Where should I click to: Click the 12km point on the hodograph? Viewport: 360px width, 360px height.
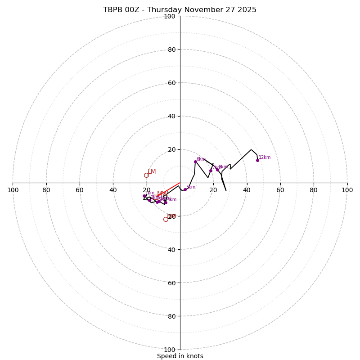[257, 160]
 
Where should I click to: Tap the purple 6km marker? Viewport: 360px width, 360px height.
[195, 162]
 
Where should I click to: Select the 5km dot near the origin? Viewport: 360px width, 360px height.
[185, 189]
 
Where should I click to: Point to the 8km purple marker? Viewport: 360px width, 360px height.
[217, 170]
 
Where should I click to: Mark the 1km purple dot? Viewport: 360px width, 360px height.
[144, 196]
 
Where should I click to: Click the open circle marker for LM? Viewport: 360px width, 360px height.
[146, 175]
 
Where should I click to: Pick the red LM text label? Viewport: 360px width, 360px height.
[152, 171]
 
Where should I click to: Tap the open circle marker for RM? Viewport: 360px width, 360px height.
[166, 219]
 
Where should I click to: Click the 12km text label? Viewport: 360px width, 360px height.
[265, 157]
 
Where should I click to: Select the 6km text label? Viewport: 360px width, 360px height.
[201, 159]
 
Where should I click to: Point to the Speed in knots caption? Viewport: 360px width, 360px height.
[180, 356]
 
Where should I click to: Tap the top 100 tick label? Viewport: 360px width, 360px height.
[170, 16]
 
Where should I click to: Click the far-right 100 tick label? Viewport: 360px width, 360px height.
[347, 190]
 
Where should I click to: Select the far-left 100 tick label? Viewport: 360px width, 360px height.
[13, 190]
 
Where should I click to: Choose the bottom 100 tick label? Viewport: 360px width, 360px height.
[170, 349]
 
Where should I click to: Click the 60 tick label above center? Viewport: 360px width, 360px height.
[171, 83]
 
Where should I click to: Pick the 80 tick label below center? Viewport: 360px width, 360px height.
[171, 316]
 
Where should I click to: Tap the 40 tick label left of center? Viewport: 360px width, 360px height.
[113, 190]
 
